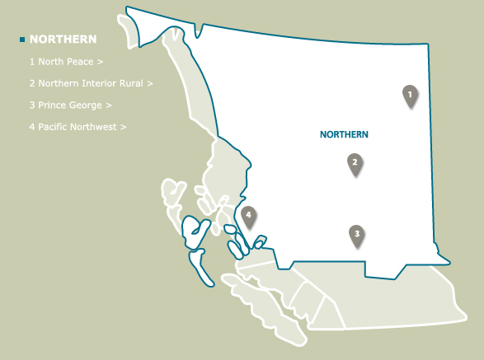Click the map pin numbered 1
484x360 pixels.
tap(409, 96)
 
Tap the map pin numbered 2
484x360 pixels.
tap(355, 164)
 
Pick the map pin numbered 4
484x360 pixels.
tap(249, 216)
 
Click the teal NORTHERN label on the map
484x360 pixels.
tap(344, 134)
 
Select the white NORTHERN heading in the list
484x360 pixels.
tap(63, 40)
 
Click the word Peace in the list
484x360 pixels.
tap(81, 62)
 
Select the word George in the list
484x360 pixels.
tap(87, 105)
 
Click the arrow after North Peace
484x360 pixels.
tap(101, 62)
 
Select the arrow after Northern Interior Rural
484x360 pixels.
tap(151, 83)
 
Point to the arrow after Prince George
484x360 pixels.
tap(109, 105)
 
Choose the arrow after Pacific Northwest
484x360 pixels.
tap(124, 127)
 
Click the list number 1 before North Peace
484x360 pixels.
tap(31, 62)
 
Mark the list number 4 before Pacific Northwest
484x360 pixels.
tap(31, 127)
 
